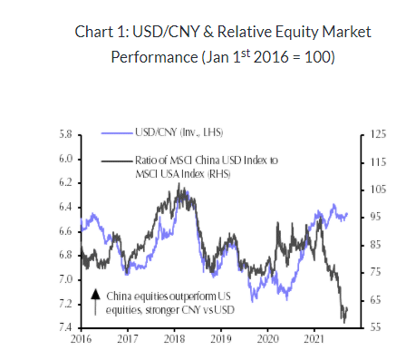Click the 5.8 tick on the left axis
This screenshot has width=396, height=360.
pyautogui.click(x=64, y=134)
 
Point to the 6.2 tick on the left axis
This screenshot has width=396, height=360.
pyautogui.click(x=64, y=182)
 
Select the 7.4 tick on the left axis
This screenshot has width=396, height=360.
pyautogui.click(x=64, y=327)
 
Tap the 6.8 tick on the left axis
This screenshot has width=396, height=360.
pyautogui.click(x=64, y=255)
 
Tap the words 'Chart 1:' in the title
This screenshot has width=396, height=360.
pyautogui.click(x=107, y=33)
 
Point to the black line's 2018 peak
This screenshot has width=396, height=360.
pyautogui.click(x=179, y=185)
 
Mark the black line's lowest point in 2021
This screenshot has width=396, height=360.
pyautogui.click(x=344, y=321)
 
